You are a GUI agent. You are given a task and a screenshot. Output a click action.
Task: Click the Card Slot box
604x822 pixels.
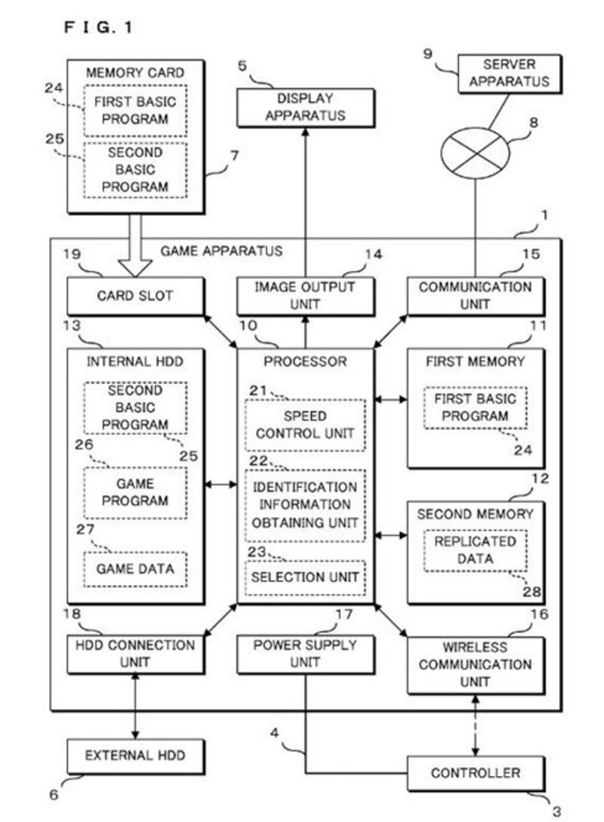coord(135,296)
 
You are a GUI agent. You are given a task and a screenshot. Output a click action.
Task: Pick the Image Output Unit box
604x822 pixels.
coord(305,296)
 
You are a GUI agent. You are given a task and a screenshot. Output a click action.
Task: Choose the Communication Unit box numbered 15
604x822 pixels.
coord(475,296)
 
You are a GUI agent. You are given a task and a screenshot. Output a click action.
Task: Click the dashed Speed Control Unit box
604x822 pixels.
coord(305,424)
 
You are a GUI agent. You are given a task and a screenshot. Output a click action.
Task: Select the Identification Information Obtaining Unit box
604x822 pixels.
coord(305,505)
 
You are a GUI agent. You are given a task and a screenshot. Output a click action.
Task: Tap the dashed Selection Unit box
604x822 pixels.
coord(305,577)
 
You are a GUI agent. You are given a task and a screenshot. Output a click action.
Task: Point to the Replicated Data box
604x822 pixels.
coord(476,550)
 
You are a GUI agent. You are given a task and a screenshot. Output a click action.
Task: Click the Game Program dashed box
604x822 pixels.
coord(134,492)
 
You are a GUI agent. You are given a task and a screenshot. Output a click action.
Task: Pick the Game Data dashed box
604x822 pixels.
coord(134,568)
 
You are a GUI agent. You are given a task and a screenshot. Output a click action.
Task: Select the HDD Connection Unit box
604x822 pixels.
coord(135,654)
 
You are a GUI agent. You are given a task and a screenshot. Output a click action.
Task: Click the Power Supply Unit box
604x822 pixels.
coord(305,654)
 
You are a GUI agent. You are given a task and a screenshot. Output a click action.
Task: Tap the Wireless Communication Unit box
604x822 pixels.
coord(475,665)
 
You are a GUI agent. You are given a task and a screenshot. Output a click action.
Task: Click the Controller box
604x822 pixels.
coord(475,773)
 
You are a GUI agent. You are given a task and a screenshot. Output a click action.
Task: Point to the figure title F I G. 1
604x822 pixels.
coord(99,28)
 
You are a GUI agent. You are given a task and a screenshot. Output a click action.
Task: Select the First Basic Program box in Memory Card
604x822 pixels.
coord(134,110)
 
